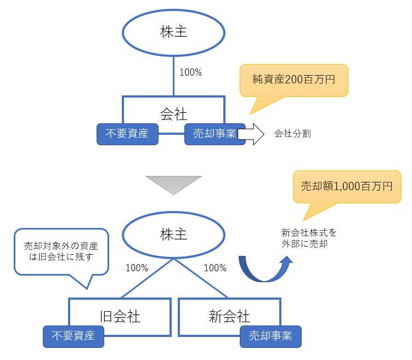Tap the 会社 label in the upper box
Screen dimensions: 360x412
coord(173,113)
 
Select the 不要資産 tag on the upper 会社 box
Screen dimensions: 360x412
coord(127,134)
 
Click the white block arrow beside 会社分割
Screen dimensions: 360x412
coord(251,134)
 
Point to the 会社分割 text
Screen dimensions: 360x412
coord(292,134)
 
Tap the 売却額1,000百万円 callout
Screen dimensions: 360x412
coord(347,186)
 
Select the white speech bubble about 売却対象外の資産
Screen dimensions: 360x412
coord(61,252)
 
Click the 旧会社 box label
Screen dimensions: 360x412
coord(120,316)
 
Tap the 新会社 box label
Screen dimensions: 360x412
coord(229,316)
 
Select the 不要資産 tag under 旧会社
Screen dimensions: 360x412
coord(74,336)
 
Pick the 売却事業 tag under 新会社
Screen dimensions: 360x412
coord(270,336)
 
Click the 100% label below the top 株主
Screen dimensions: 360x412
coord(191,72)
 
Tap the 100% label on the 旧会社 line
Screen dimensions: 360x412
coord(137,268)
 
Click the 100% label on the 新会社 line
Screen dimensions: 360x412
coord(215,268)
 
